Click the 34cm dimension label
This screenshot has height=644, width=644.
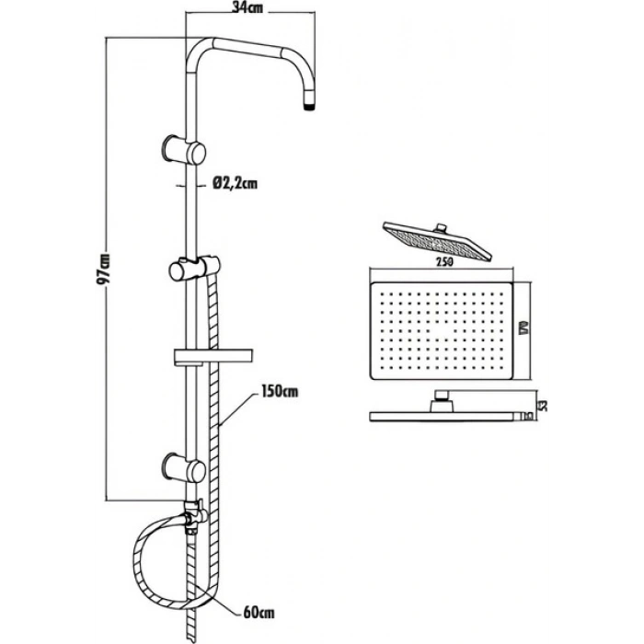click(247, 8)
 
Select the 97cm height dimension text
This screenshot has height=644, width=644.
click(103, 269)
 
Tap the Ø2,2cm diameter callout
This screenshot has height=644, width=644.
click(235, 183)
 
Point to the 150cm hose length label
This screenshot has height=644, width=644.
click(280, 391)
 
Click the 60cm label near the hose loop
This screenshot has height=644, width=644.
click(259, 613)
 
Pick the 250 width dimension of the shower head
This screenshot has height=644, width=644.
click(444, 261)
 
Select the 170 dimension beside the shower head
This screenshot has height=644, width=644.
click(523, 328)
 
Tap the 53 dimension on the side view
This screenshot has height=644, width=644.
click(543, 406)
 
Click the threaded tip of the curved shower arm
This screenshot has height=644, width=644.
click(310, 108)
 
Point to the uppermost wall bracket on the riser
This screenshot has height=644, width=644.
click(184, 149)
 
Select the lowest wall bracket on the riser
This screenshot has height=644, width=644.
click(184, 467)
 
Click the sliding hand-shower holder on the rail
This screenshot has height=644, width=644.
click(195, 269)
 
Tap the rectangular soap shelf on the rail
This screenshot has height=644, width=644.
click(213, 357)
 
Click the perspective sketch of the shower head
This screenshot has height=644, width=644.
click(437, 241)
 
